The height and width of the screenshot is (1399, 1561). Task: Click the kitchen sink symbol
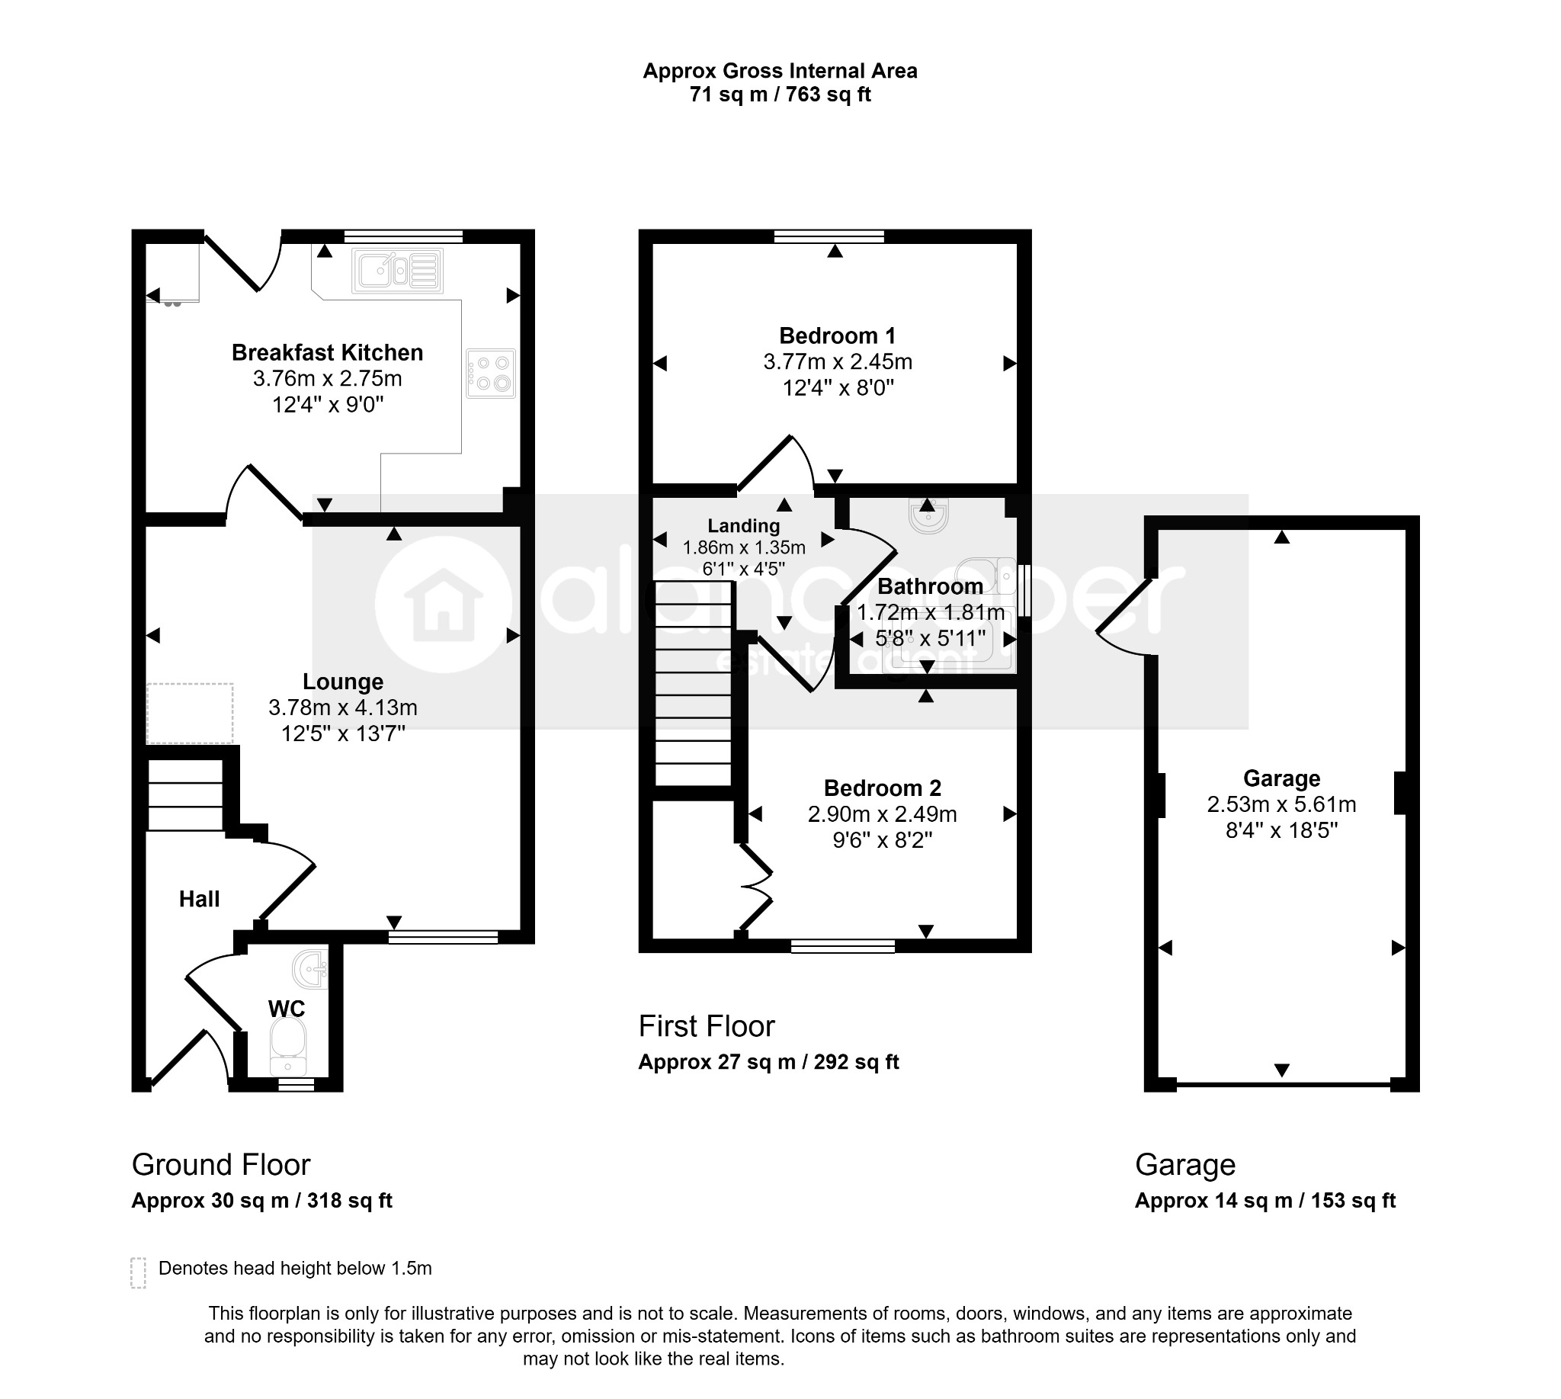(x=397, y=271)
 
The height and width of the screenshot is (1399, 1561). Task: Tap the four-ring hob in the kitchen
(x=490, y=374)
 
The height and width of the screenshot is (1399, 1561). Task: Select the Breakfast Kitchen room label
(x=328, y=353)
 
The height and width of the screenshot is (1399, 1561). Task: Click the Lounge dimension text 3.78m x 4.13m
(x=343, y=708)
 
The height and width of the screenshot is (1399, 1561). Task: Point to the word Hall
(x=199, y=900)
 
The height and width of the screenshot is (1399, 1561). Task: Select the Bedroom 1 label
(x=837, y=336)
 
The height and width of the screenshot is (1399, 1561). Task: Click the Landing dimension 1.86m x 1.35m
(x=744, y=548)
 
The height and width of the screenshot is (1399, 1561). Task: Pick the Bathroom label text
(x=930, y=586)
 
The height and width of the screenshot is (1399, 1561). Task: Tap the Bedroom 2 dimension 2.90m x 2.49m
(x=883, y=814)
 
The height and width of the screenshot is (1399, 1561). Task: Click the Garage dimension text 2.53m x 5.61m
(x=1281, y=805)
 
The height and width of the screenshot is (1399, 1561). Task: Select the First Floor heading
(x=707, y=1026)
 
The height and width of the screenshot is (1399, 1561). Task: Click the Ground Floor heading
(x=221, y=1164)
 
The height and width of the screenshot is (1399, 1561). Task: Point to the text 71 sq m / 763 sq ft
(x=780, y=95)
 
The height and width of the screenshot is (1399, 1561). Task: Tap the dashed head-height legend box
(x=139, y=1273)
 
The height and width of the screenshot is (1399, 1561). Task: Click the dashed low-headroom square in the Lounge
(x=190, y=714)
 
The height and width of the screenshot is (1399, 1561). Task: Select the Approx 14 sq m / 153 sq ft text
(x=1265, y=1201)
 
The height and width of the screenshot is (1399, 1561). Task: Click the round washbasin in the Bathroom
(x=928, y=516)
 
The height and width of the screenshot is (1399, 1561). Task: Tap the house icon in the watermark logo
(x=444, y=605)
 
